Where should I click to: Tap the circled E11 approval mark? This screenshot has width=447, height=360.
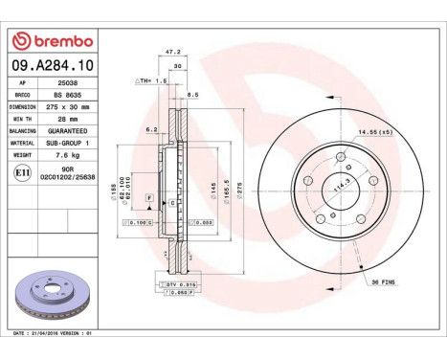tap(22, 173)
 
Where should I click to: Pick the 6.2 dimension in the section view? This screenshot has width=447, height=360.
tap(152, 128)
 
